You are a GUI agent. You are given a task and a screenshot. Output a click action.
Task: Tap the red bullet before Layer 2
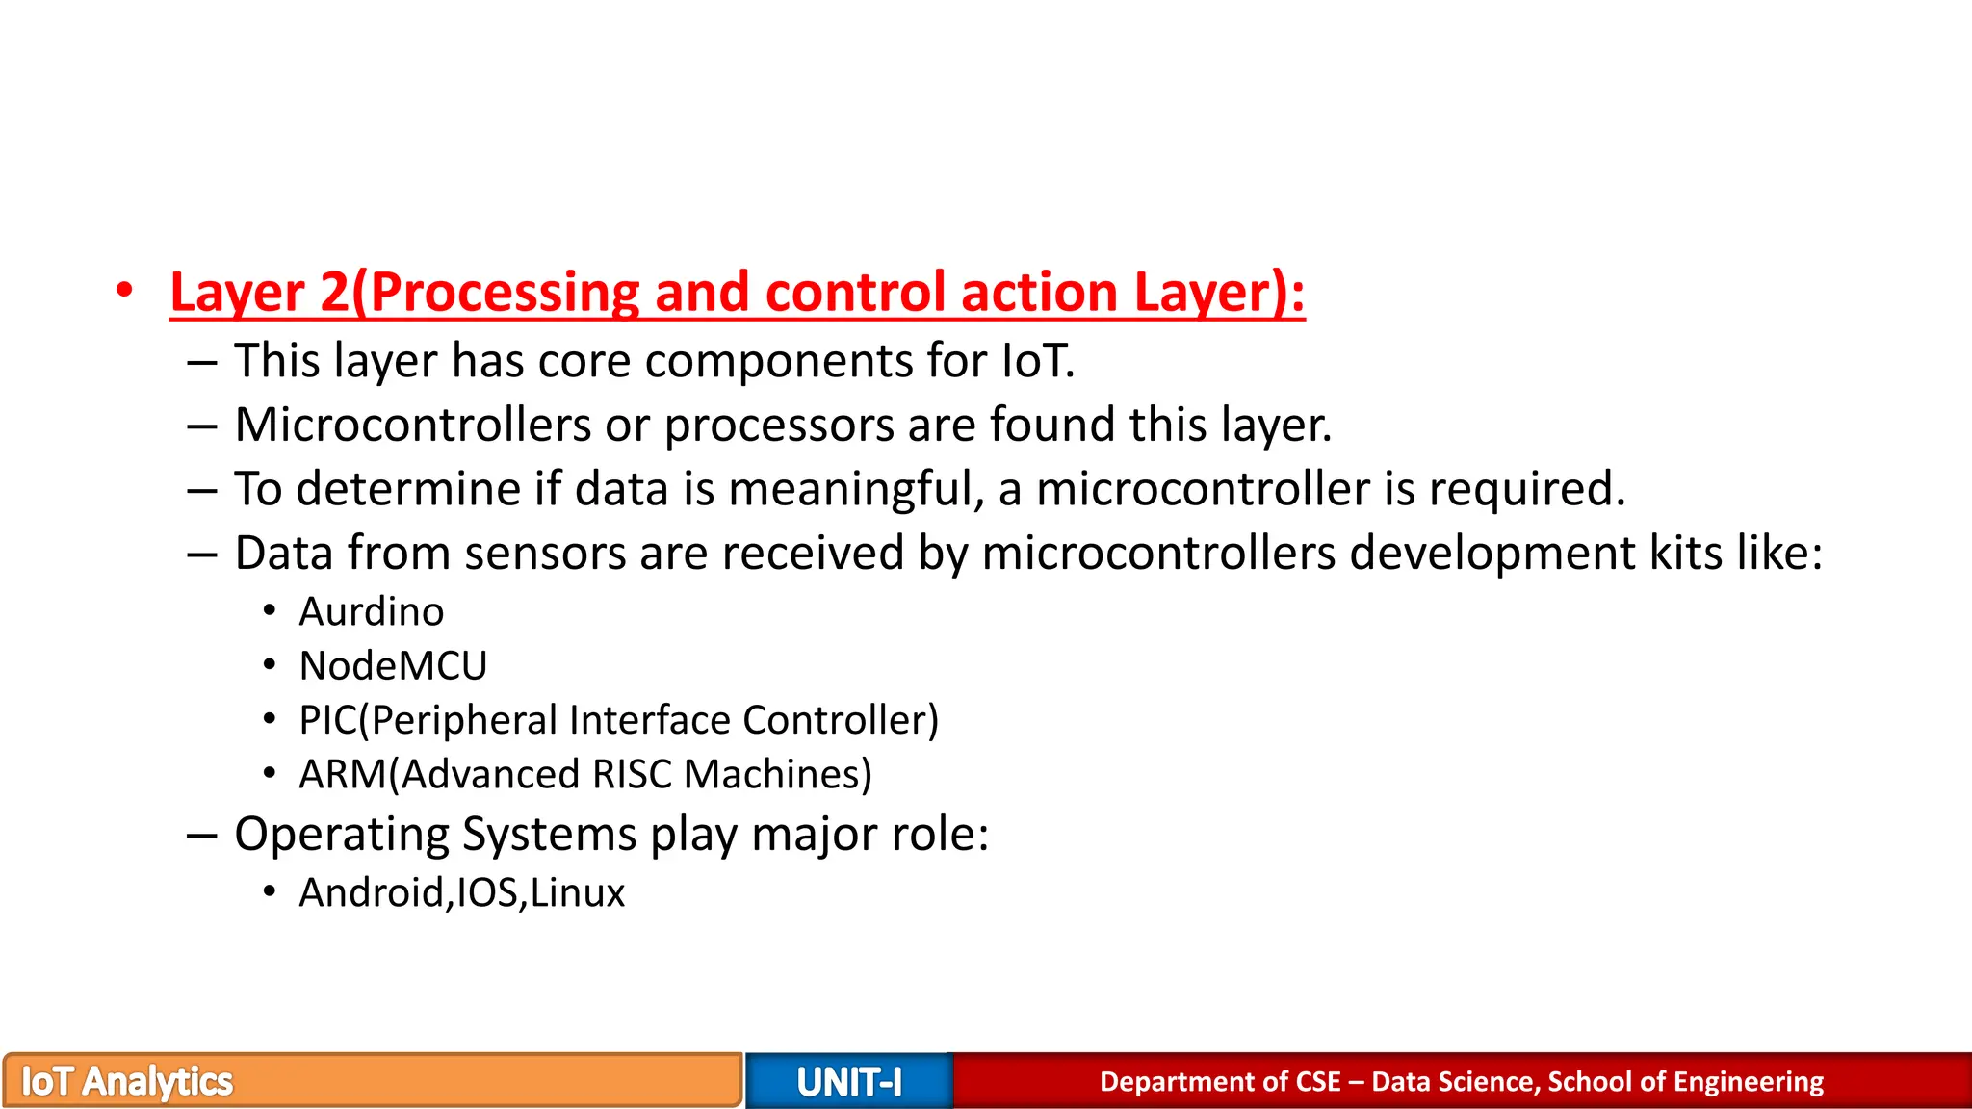point(123,292)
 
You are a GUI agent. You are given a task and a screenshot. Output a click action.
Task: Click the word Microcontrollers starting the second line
point(413,425)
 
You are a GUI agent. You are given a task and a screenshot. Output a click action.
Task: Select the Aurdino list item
point(372,612)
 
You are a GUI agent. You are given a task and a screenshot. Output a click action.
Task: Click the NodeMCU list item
point(393,666)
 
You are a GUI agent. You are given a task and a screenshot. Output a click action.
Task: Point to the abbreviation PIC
point(327,721)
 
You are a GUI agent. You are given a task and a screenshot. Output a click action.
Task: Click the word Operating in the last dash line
point(341,835)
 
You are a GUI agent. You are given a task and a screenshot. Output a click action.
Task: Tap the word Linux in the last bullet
point(577,893)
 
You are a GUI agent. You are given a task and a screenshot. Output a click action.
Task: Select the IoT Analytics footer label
point(127,1082)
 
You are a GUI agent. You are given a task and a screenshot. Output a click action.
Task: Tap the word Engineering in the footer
point(1749,1082)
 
